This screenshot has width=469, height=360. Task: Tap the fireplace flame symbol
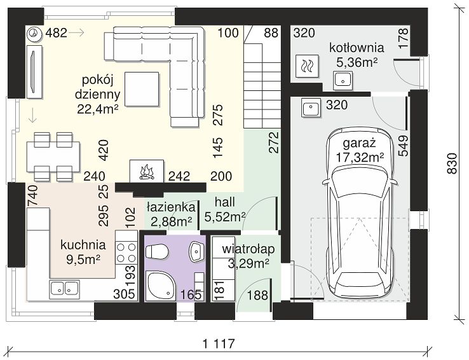tap(147, 172)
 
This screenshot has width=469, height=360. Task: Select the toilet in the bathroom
tap(156, 251)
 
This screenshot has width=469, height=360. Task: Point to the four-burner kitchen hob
tap(126, 253)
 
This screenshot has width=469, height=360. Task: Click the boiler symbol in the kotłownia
tap(307, 66)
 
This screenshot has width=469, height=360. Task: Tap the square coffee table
tap(142, 89)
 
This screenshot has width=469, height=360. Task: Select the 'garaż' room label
tap(359, 144)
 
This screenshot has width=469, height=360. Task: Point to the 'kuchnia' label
tap(83, 245)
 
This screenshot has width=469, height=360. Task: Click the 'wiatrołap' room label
tap(248, 249)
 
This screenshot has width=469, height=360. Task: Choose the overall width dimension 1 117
tap(219, 343)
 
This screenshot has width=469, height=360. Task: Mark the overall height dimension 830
tap(452, 163)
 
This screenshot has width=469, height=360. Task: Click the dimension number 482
tap(56, 33)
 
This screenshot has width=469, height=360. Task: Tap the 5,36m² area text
tap(357, 62)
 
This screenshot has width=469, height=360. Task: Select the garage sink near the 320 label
tap(311, 107)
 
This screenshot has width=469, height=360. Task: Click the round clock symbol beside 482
tap(35, 33)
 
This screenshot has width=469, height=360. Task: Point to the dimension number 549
tap(403, 146)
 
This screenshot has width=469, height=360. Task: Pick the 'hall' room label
tap(224, 202)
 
